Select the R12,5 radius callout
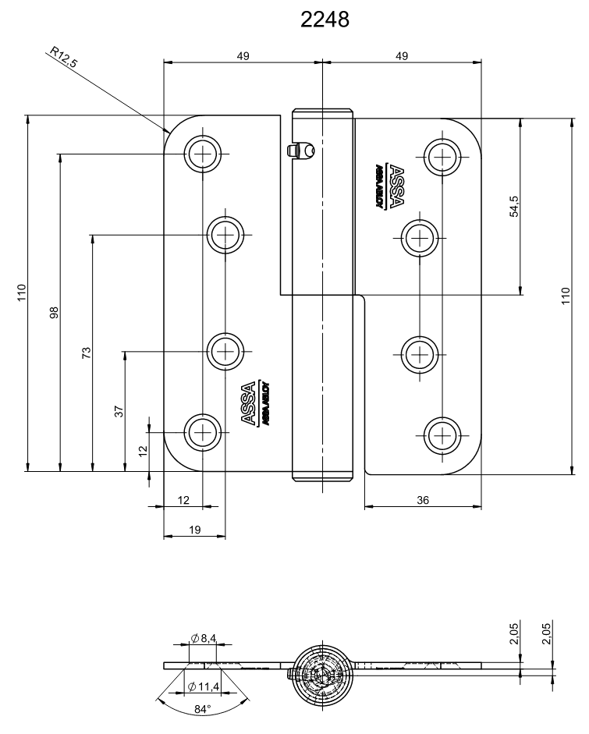click(63, 59)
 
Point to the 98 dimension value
click(54, 313)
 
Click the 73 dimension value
click(87, 353)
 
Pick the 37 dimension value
click(119, 411)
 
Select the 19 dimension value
click(195, 530)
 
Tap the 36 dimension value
click(422, 500)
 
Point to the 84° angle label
click(202, 709)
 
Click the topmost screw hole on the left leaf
click(203, 154)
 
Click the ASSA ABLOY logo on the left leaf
click(254, 404)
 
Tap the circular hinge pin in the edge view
click(322, 668)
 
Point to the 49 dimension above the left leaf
click(243, 55)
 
